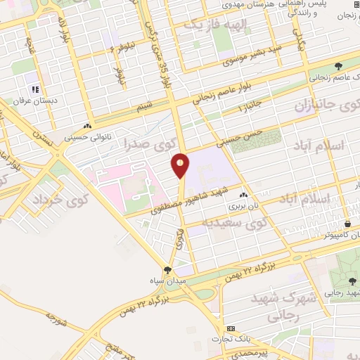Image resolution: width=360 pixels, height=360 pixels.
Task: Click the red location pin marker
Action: pos(181,165)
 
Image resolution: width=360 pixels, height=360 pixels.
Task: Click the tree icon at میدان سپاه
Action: pos(167,269)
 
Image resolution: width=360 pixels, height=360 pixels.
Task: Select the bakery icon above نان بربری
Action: pos(244,195)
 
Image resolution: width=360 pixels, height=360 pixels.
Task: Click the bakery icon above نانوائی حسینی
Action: pos(87,126)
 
